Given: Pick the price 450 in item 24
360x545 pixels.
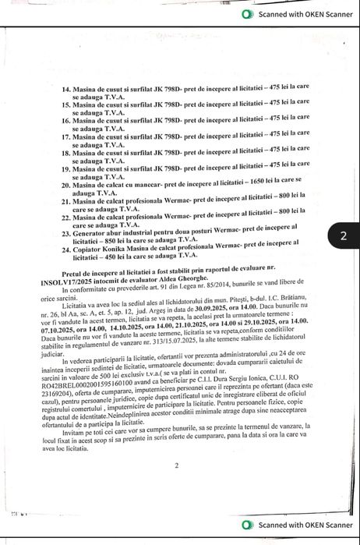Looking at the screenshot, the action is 108,254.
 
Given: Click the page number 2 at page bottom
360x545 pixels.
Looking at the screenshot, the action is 177,465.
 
